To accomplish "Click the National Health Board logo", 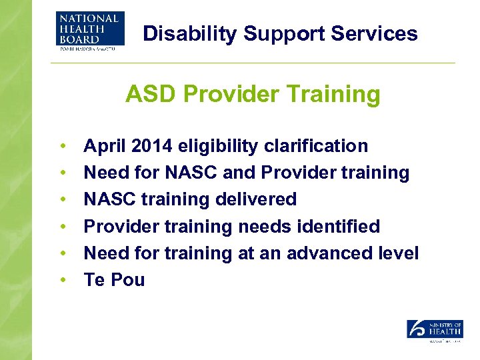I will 87,30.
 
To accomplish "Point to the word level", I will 399,253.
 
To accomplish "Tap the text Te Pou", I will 114,280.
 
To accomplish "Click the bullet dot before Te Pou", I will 62,281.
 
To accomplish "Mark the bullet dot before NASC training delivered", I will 62,200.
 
